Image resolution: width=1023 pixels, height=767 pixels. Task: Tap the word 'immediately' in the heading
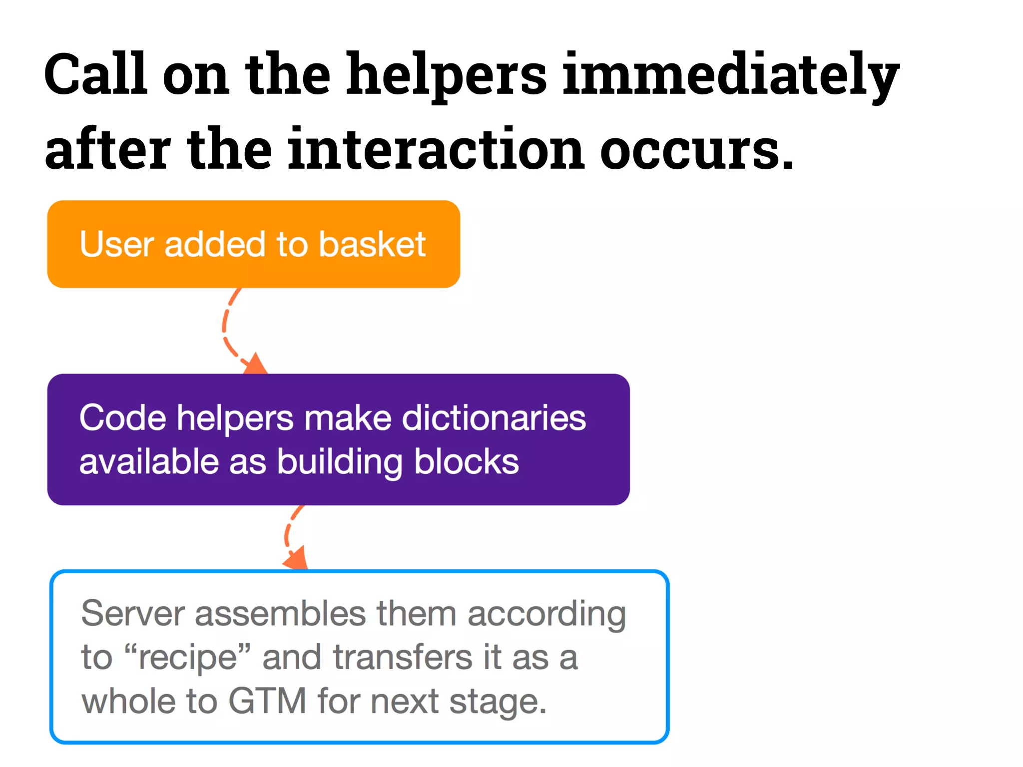pyautogui.click(x=730, y=75)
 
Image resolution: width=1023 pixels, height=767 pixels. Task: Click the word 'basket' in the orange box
pyautogui.click(x=372, y=245)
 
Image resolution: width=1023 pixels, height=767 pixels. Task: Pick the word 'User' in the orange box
pyautogui.click(x=116, y=245)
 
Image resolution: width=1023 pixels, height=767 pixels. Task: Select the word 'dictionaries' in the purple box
pyautogui.click(x=494, y=418)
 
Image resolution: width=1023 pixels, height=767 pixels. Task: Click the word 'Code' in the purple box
pyautogui.click(x=122, y=418)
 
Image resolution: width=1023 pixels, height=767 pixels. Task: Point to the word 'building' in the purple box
pyautogui.click(x=340, y=462)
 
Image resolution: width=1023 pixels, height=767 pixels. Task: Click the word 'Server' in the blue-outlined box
pyautogui.click(x=132, y=614)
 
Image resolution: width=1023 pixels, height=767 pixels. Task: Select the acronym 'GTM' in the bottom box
pyautogui.click(x=267, y=702)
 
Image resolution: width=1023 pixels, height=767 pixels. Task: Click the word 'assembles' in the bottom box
pyautogui.click(x=280, y=614)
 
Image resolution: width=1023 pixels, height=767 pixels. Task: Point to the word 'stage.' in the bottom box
pyautogui.click(x=498, y=702)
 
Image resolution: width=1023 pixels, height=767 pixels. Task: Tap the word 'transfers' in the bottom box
pyautogui.click(x=403, y=658)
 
